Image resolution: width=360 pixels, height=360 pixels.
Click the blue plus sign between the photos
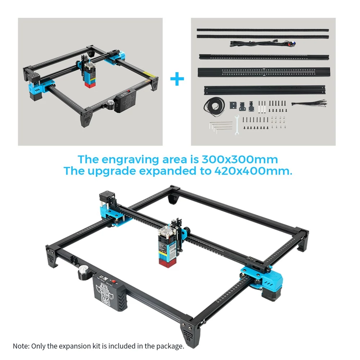tap(177, 79)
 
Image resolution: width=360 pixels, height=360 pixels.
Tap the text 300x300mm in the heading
tap(240, 159)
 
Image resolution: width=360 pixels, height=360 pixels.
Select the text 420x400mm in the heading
tap(253, 171)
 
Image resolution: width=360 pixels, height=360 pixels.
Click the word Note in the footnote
tap(21, 346)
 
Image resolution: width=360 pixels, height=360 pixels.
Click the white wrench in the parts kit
tap(237, 124)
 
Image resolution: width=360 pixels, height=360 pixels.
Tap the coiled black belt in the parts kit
tap(214, 106)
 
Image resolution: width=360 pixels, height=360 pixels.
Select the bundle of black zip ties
tap(309, 103)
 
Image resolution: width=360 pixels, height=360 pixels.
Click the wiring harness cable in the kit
tap(263, 43)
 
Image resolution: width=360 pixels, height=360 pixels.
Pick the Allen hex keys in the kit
tap(221, 127)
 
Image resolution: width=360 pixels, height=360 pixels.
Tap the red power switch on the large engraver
tap(113, 281)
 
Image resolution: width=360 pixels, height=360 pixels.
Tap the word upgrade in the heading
tap(112, 171)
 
